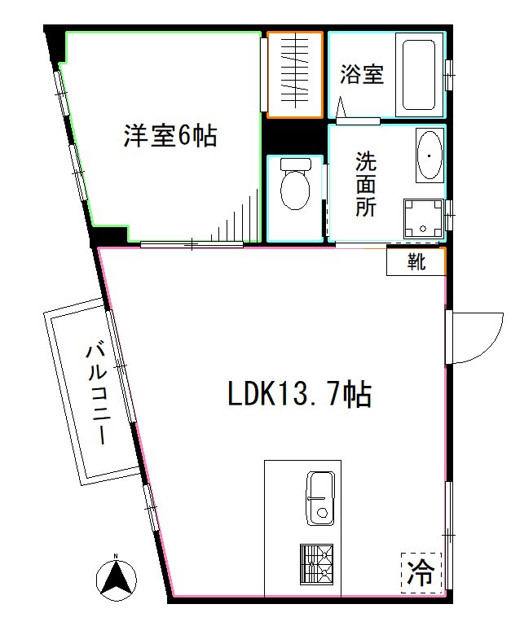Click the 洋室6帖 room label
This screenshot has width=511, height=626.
170,135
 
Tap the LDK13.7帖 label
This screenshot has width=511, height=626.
298,395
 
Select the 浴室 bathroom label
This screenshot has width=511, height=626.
362,75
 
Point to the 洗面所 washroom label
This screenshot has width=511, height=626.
365,184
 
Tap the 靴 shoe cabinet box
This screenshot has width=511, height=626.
416,262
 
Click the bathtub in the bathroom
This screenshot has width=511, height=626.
419,74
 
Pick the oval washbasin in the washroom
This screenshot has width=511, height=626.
429,155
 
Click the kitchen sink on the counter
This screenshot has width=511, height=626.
320,497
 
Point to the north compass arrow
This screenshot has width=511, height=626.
115,576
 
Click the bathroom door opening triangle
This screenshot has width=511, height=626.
341,107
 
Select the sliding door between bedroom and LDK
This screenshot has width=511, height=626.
192,243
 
